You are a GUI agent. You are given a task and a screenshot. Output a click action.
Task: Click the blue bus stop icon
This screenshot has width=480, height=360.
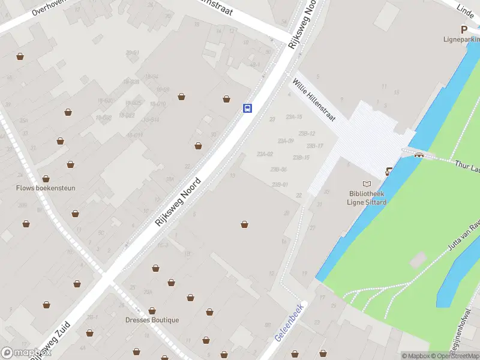pyautogui.click(x=247, y=108)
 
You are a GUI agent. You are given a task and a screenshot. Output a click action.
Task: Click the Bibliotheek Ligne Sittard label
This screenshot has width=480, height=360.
pyautogui.click(x=367, y=197)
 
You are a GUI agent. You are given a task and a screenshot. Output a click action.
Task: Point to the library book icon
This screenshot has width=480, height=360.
pyautogui.click(x=367, y=183)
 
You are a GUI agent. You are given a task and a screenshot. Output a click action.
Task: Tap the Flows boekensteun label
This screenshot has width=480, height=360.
pyautogui.click(x=46, y=188)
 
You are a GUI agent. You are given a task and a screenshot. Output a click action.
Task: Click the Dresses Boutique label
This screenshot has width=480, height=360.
pyautogui.click(x=152, y=320)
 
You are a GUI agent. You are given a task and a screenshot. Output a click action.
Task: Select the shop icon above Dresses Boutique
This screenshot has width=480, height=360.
pyautogui.click(x=152, y=310)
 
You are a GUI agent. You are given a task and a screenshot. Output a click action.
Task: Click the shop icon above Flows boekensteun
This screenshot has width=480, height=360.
pyautogui.click(x=46, y=178)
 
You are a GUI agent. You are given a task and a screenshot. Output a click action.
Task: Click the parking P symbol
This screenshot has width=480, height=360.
pyautogui.click(x=463, y=29)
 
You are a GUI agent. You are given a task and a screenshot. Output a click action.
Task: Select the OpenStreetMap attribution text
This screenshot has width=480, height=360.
pyautogui.click(x=454, y=356)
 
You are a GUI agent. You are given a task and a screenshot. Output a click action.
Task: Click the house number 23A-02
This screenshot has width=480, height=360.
pyautogui.click(x=265, y=154)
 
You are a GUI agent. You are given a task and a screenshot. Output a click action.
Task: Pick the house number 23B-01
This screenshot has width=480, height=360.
pyautogui.click(x=280, y=184)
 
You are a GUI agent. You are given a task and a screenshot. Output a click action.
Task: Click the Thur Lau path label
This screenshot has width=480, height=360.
pyautogui.click(x=467, y=163)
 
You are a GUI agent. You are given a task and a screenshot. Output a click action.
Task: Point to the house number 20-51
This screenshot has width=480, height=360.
pyautogui.click(x=133, y=53)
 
